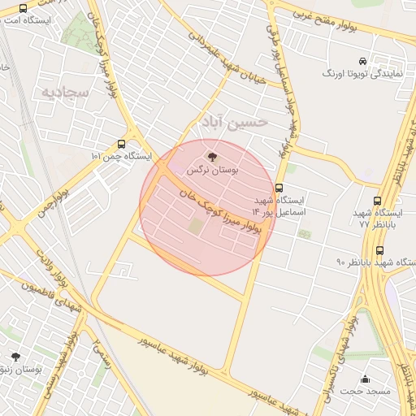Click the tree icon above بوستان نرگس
coord(213,156)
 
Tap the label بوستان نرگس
coord(213,171)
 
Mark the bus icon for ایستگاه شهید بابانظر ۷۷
coord(377,200)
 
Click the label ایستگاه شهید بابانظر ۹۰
coord(375,262)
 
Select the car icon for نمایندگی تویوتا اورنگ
coord(362,60)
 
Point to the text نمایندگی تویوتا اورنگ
coord(357,73)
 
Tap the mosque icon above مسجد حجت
coord(365,379)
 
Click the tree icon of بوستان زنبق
coord(15,356)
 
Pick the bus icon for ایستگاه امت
coord(23,7)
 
